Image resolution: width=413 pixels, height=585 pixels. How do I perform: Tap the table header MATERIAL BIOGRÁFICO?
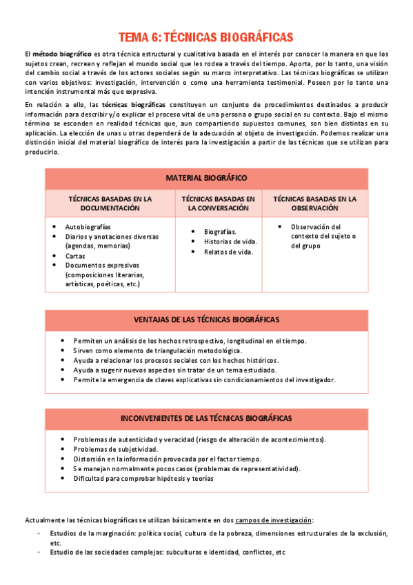point(206,178)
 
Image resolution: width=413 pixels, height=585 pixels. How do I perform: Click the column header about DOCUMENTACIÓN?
point(110,203)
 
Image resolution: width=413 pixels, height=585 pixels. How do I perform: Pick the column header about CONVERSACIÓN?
point(218,203)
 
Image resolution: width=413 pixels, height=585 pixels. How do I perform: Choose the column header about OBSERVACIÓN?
point(314,203)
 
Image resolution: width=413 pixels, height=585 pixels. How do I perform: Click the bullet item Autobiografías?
point(88,227)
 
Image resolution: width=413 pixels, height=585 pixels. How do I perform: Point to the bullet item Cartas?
point(75,255)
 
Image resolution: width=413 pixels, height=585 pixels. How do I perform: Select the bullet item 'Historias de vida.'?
point(230,241)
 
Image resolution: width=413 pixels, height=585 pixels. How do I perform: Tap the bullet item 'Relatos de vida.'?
point(228,252)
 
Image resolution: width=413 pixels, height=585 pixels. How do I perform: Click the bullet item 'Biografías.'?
point(220,232)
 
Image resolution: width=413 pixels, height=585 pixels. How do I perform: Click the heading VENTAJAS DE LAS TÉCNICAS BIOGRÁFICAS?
point(206,319)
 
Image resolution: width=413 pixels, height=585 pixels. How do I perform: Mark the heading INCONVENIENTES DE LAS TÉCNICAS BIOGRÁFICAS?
point(206,418)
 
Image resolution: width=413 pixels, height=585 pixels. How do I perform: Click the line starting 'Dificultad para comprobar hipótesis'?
point(143,478)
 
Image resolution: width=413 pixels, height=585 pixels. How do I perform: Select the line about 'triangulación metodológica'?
point(162,350)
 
